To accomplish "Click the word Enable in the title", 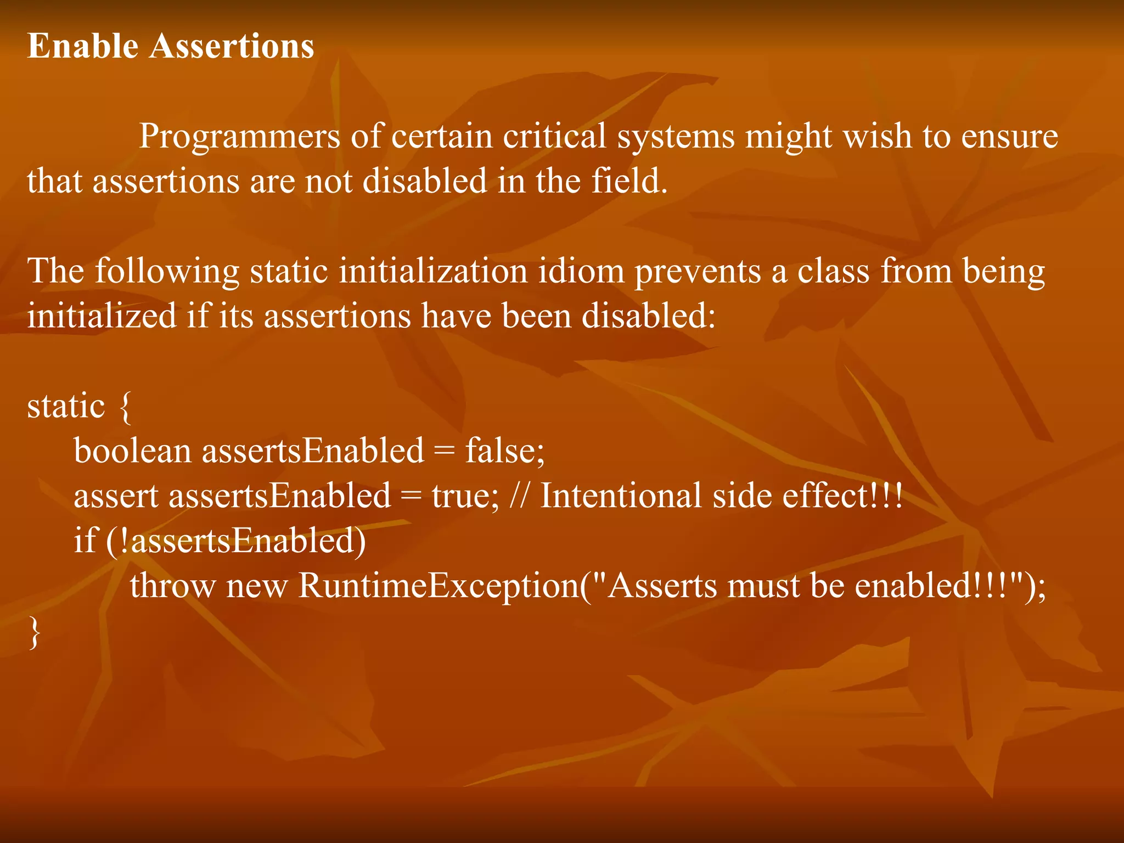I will (x=82, y=46).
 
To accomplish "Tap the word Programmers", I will (x=239, y=136).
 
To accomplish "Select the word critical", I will (x=554, y=136).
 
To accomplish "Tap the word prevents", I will (x=698, y=272).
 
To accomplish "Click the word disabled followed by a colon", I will (x=648, y=316).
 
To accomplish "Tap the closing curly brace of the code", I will (x=34, y=633).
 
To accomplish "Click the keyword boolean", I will (x=132, y=451).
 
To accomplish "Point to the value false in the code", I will (x=504, y=451).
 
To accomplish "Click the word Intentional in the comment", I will (x=621, y=496).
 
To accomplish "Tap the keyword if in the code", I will (x=85, y=541).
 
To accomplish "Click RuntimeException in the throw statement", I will (x=439, y=586).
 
